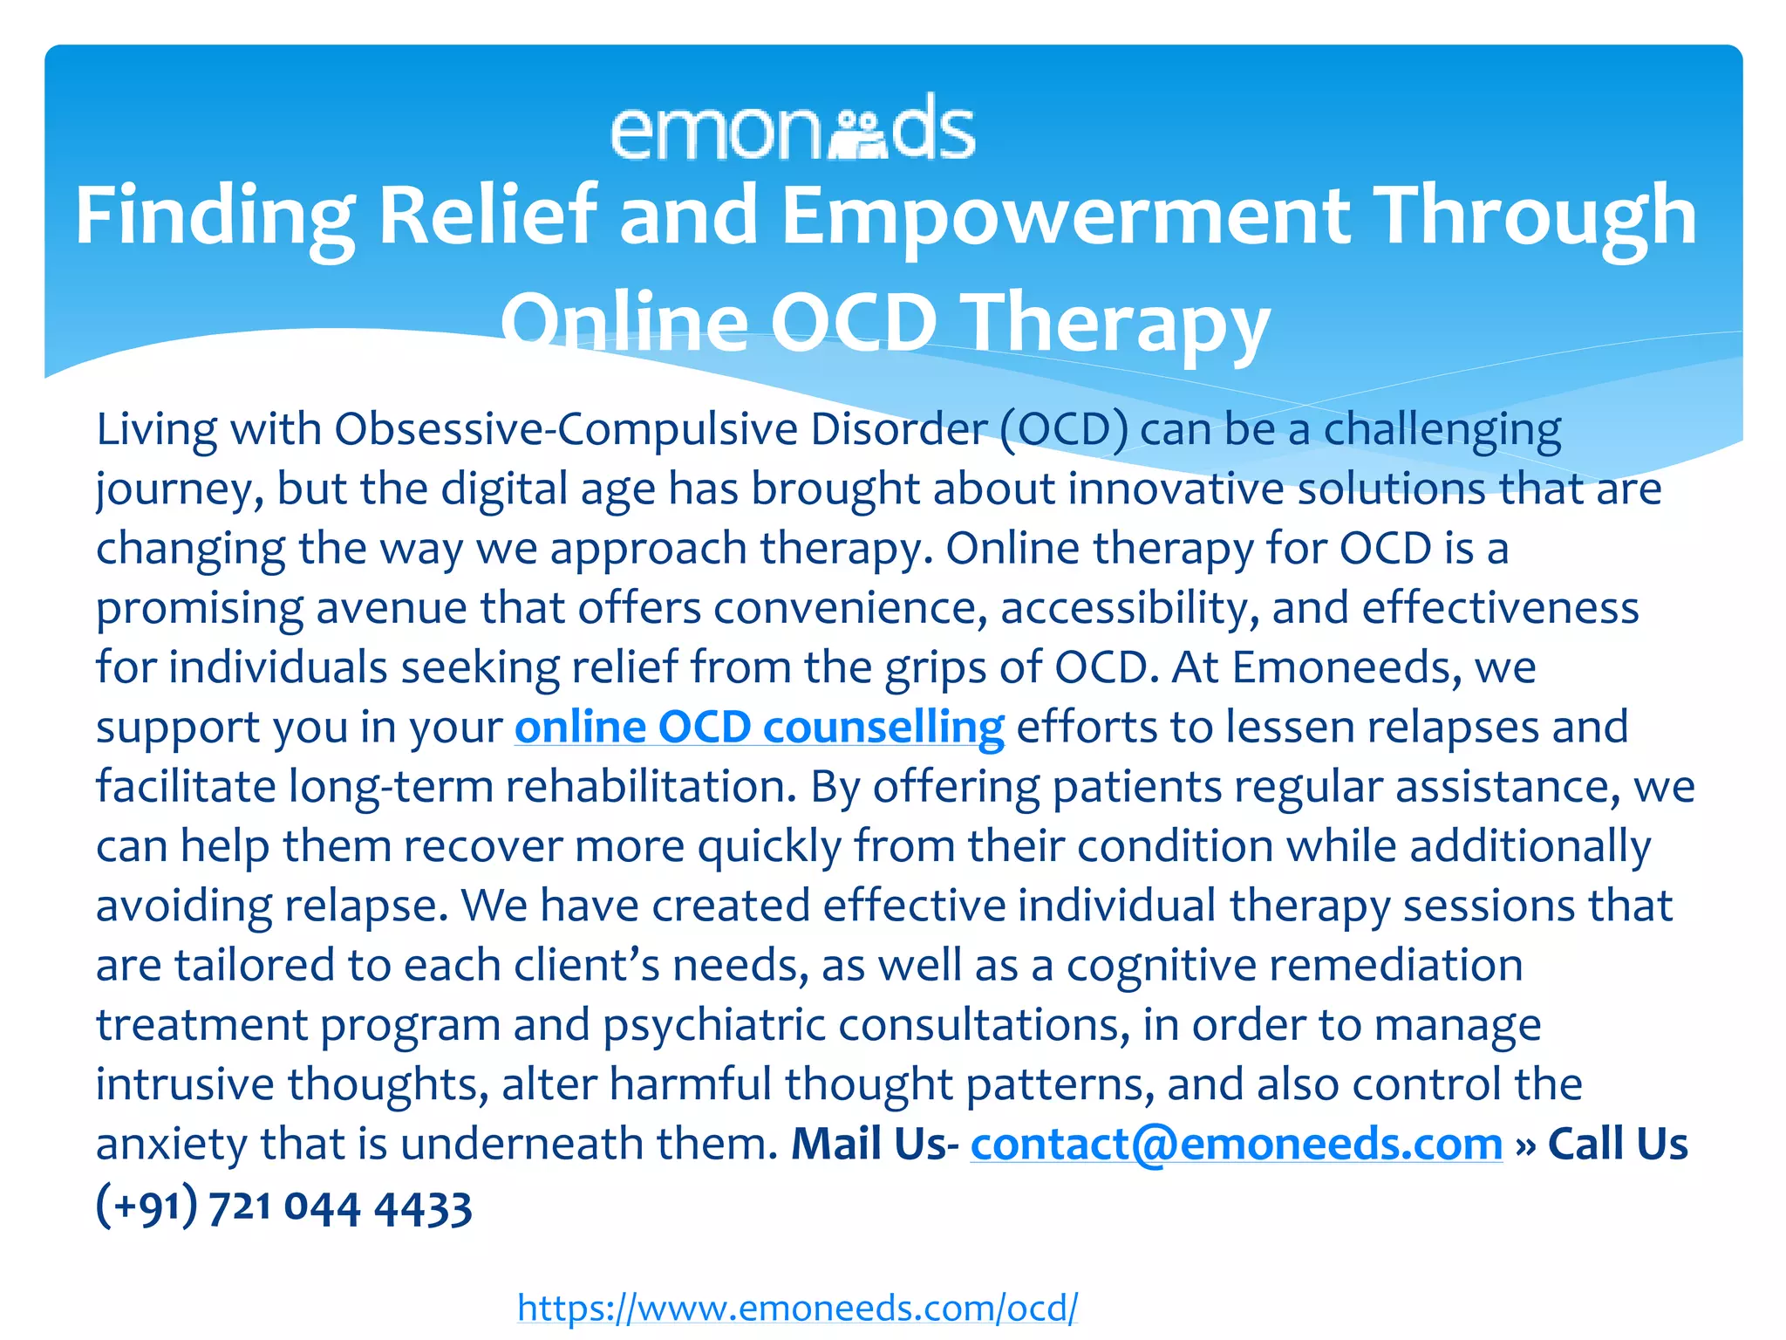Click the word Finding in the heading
coord(215,216)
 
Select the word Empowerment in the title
coord(1066,216)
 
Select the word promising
coord(200,609)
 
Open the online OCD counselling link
coord(759,728)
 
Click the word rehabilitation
coord(651,787)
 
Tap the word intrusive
coord(185,1084)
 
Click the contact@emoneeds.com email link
coord(1237,1145)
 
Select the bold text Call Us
coord(1618,1145)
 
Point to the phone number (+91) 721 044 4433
coord(284,1207)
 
